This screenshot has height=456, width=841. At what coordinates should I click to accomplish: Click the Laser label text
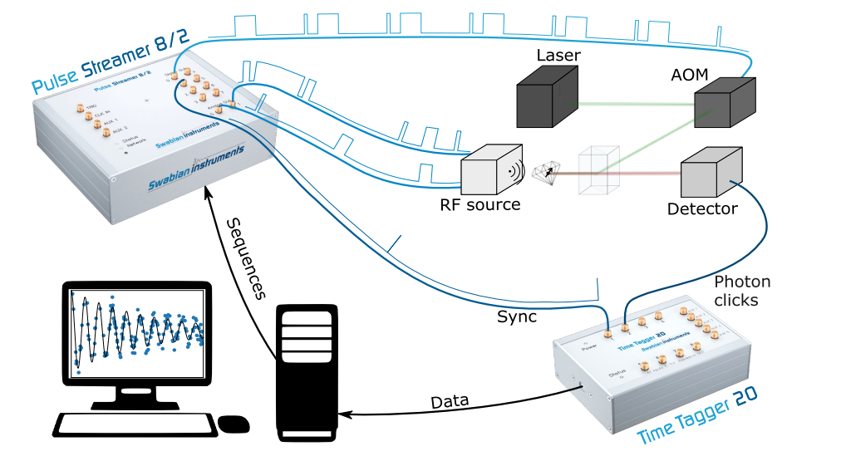[558, 56]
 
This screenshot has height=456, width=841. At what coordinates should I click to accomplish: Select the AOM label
[689, 75]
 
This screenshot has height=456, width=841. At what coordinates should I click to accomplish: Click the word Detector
[702, 208]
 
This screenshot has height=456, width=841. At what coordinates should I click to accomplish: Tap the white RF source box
[490, 169]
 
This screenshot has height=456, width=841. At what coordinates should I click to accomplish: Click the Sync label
[517, 317]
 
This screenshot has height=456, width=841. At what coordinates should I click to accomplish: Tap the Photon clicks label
[742, 291]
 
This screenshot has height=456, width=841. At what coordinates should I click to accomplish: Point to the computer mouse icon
[234, 424]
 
